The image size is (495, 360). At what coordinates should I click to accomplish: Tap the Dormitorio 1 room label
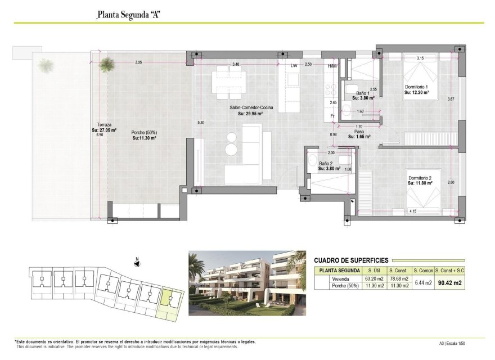417,87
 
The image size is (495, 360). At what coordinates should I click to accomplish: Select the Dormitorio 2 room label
420,178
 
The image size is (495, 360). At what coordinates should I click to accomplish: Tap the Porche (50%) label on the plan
144,132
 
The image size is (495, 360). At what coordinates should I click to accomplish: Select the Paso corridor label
358,132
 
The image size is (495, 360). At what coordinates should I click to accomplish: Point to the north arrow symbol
137,262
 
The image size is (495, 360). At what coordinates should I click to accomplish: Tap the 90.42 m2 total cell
449,283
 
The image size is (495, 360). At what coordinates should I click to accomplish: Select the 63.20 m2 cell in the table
373,278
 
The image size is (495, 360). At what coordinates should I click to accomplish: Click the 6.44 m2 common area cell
423,283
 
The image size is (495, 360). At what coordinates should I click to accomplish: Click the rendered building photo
247,283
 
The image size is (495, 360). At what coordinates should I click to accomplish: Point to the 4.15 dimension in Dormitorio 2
413,211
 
